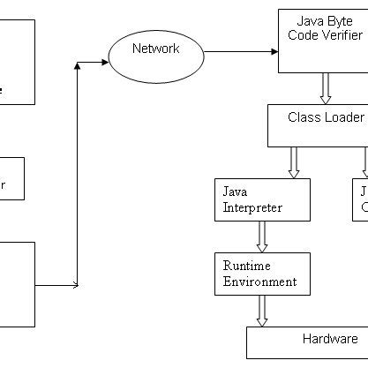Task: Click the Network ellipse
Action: pyautogui.click(x=154, y=54)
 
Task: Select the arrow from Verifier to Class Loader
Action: pyautogui.click(x=325, y=88)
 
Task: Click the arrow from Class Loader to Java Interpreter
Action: pyautogui.click(x=294, y=162)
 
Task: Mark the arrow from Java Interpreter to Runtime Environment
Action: pyautogui.click(x=262, y=237)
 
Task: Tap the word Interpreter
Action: pyautogui.click(x=252, y=208)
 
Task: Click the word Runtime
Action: pyautogui.click(x=247, y=266)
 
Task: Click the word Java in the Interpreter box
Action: pyautogui.click(x=234, y=192)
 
